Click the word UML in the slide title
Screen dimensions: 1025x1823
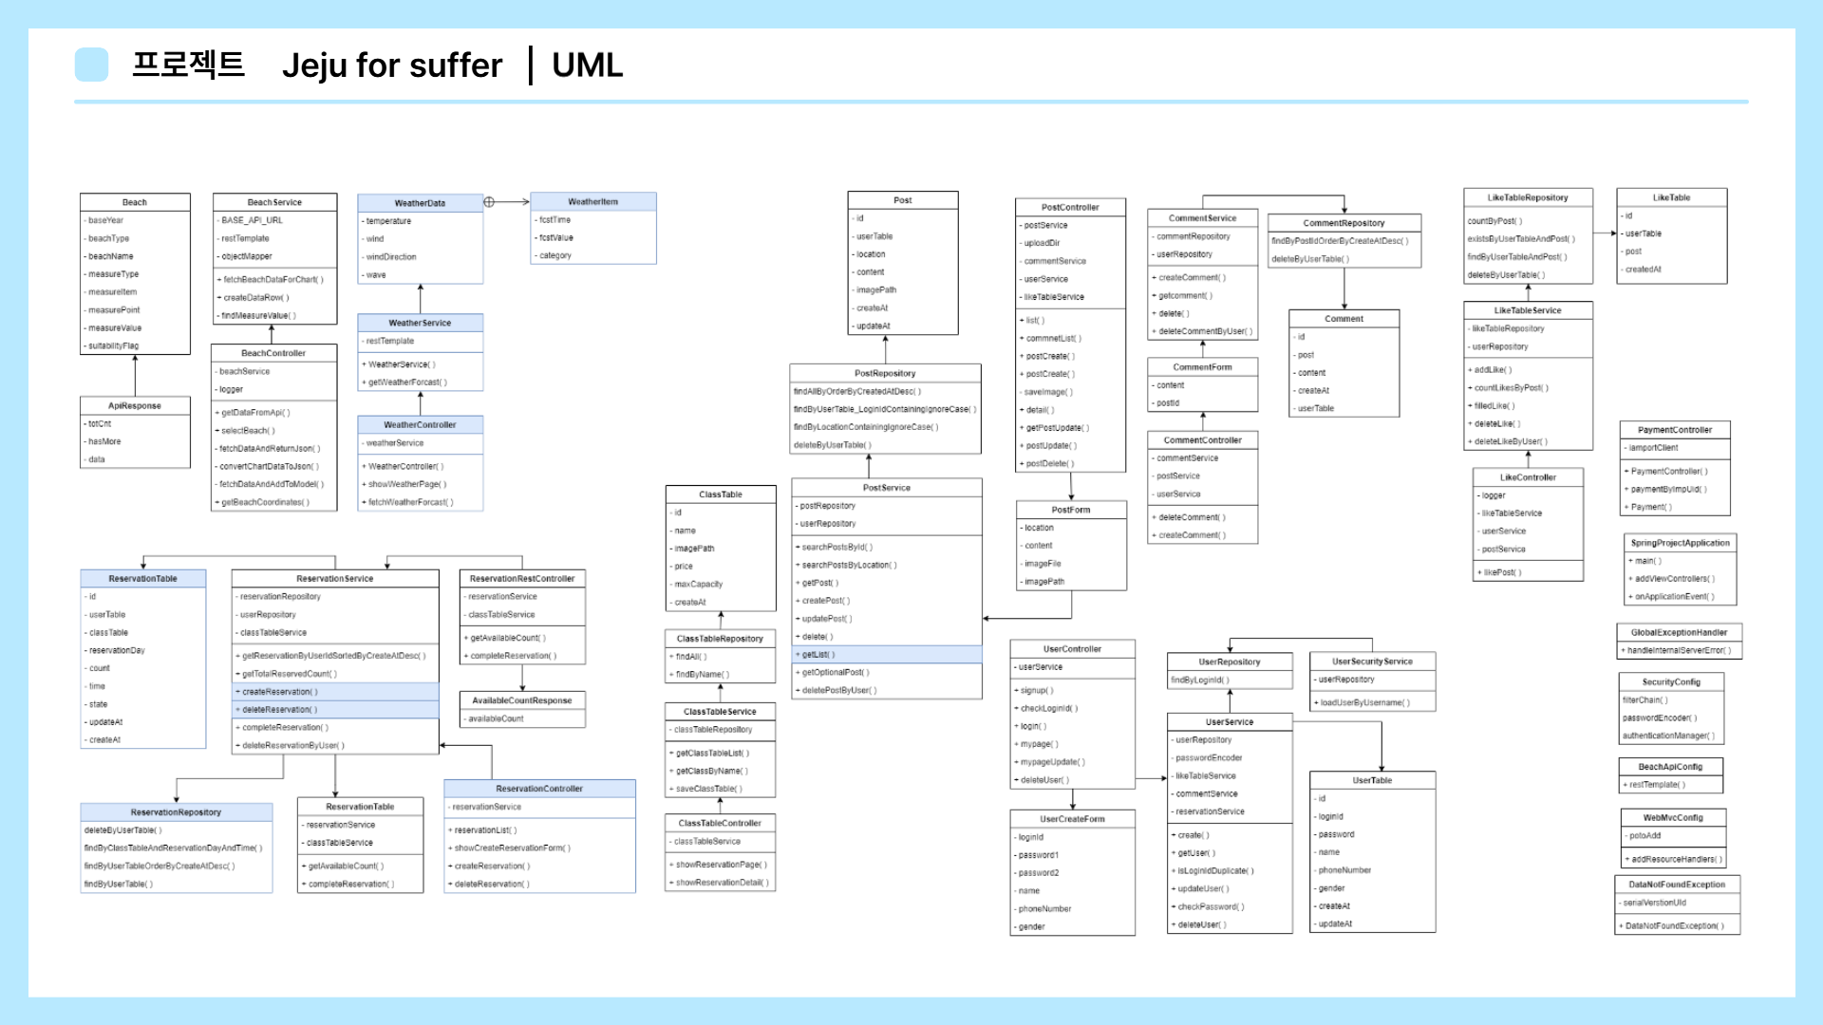[587, 65]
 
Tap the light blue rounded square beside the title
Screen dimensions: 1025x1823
[91, 65]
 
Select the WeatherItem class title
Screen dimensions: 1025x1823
[592, 201]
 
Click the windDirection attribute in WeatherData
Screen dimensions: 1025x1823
[391, 256]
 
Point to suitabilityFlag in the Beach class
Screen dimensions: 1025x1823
[113, 345]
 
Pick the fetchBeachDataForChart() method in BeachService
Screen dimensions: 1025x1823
[273, 279]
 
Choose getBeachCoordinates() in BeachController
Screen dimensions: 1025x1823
[265, 502]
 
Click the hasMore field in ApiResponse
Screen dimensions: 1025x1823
[104, 441]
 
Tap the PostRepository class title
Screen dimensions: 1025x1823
[885, 373]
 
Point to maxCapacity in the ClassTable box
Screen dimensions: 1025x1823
[698, 584]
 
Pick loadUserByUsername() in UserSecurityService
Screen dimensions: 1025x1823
[1364, 702]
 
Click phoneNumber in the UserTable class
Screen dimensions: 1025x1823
[1344, 869]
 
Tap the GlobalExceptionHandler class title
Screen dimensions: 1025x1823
[1679, 632]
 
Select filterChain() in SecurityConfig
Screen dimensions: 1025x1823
[1644, 699]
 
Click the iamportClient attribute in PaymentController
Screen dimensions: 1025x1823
[1653, 447]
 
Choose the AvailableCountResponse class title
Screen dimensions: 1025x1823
[521, 700]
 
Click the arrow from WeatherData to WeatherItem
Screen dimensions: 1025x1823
[507, 201]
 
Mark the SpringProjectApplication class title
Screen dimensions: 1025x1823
[1680, 543]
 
